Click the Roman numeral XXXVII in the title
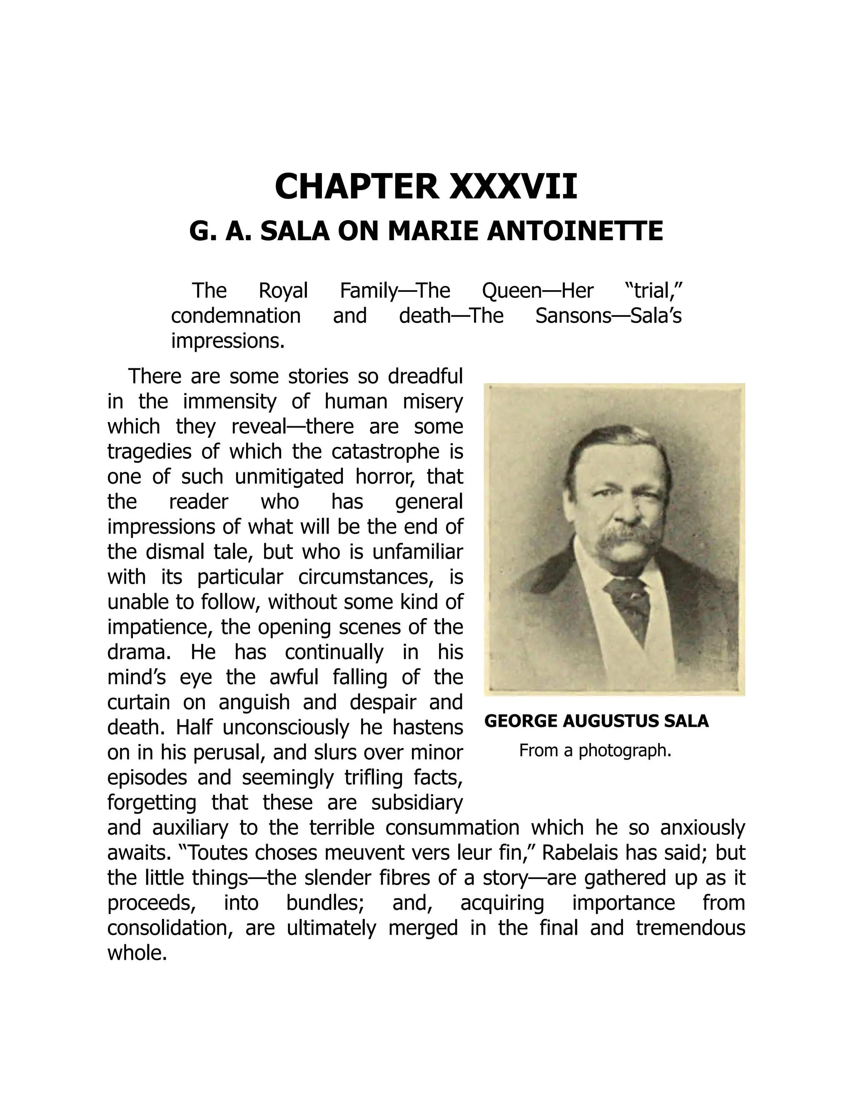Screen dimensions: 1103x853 point(512,187)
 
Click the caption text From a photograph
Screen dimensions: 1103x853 point(595,750)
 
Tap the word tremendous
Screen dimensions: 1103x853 point(690,928)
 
